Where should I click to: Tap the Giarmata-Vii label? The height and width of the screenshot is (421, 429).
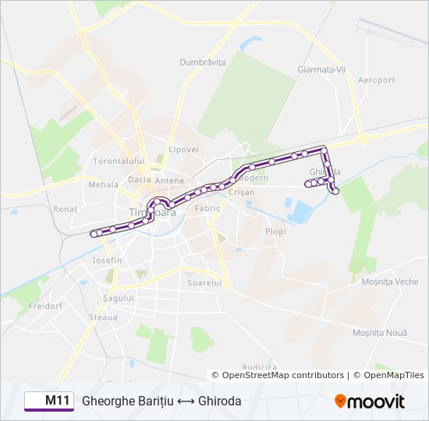click(x=321, y=69)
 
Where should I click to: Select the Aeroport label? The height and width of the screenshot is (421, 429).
click(x=376, y=80)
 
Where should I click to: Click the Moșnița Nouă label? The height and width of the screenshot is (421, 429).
click(x=379, y=333)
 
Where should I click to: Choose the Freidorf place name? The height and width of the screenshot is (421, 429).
click(x=44, y=306)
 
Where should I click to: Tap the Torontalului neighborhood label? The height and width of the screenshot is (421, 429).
click(x=119, y=161)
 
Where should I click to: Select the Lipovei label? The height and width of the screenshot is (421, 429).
click(x=184, y=149)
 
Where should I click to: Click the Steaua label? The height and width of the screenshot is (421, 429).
click(x=103, y=317)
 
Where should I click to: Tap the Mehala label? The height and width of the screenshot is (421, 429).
click(x=102, y=185)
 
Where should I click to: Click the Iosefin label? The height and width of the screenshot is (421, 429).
click(x=107, y=260)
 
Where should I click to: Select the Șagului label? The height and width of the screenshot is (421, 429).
click(x=119, y=298)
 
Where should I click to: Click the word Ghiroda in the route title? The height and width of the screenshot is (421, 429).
click(x=220, y=401)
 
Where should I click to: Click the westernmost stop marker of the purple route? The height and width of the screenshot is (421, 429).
click(x=94, y=233)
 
